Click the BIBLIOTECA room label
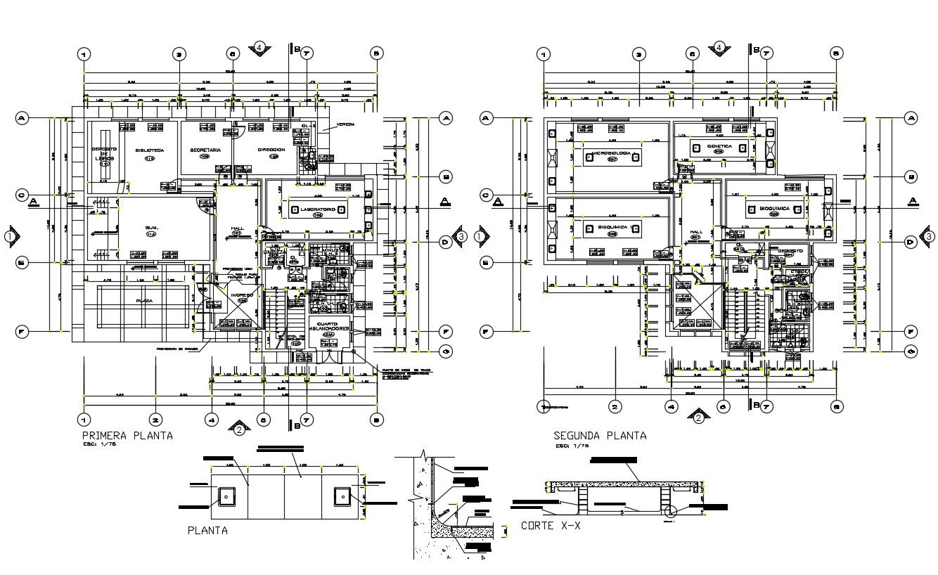pos(150,150)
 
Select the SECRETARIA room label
pos(205,150)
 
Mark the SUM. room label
pos(151,228)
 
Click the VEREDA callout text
pos(345,124)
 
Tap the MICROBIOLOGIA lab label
pos(610,153)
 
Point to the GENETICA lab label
pos(719,146)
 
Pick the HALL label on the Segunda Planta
pos(696,231)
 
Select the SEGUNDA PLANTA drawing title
pos(600,435)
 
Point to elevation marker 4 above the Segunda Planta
pos(719,48)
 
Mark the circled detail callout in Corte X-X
pos(670,512)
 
